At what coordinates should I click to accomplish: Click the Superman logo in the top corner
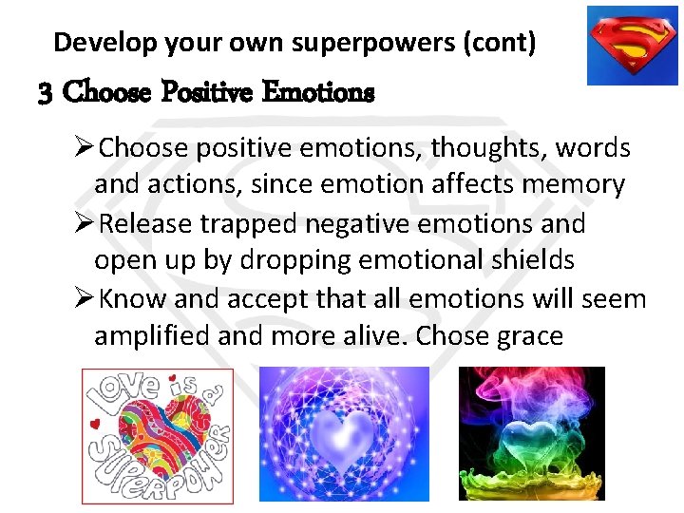pyautogui.click(x=632, y=45)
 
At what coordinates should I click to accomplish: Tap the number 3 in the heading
pyautogui.click(x=45, y=93)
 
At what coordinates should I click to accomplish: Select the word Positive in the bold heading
pyautogui.click(x=207, y=93)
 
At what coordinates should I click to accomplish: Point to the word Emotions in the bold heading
pyautogui.click(x=318, y=93)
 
